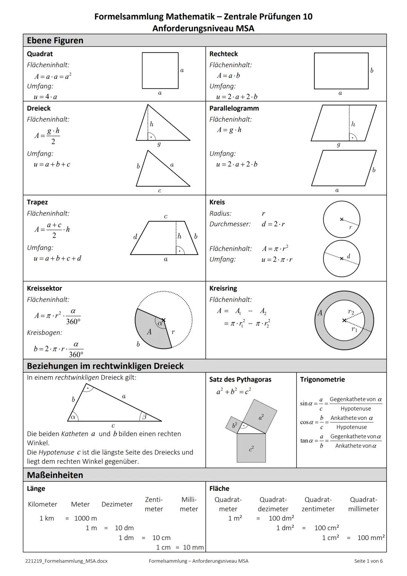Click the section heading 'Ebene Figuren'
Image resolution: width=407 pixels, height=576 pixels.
tap(55, 40)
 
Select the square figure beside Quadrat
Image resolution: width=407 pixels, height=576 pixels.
tap(160, 71)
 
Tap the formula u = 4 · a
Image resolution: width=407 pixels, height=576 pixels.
tap(45, 97)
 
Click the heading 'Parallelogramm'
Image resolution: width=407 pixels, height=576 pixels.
tap(234, 108)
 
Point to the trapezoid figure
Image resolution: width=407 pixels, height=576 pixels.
tap(164, 238)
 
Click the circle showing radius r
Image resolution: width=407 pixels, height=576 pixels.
tap(341, 219)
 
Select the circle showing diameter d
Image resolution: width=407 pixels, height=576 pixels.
tap(341, 259)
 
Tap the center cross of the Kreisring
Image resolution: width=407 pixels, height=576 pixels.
tap(344, 320)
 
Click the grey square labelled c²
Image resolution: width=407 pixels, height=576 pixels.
tap(251, 448)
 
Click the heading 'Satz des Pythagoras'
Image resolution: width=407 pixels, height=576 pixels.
tap(240, 379)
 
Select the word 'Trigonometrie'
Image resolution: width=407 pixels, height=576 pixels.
tap(322, 379)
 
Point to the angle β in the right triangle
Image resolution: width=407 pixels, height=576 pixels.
tap(144, 417)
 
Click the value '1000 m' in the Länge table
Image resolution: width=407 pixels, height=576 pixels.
tap(86, 518)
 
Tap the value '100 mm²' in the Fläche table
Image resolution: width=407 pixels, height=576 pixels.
tap(371, 538)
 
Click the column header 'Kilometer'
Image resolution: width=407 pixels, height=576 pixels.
tap(43, 504)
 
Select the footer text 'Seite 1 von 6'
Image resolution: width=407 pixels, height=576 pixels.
tap(368, 561)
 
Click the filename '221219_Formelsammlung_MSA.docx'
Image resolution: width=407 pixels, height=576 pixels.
tap(66, 561)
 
